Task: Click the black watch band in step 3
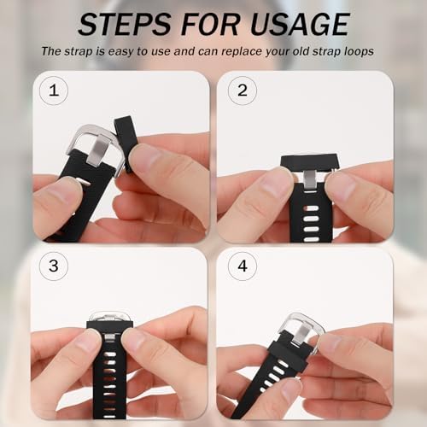coord(109,376)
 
